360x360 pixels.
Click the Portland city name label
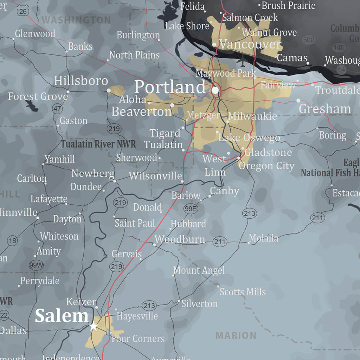170,87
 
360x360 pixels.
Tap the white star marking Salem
94,326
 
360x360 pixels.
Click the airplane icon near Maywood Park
242,61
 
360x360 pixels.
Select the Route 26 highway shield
23,11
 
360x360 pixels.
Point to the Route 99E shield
191,209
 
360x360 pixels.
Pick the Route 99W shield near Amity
36,265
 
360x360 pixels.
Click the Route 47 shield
57,108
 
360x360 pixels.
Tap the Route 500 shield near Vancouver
308,40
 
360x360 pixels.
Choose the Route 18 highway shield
13,241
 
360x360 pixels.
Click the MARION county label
236,335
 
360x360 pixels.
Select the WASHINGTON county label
76,20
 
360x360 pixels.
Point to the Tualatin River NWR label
98,144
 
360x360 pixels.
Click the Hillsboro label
81,81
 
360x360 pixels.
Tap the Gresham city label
325,109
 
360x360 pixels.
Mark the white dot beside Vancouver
214,45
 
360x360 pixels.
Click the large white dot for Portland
215,90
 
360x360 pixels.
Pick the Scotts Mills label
243,292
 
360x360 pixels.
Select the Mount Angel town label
199,270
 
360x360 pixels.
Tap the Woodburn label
180,239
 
